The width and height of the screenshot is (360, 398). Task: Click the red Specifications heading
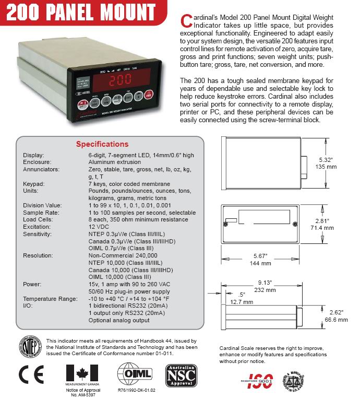pyautogui.click(x=102, y=144)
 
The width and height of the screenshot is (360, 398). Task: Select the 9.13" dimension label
pyautogui.click(x=266, y=282)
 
